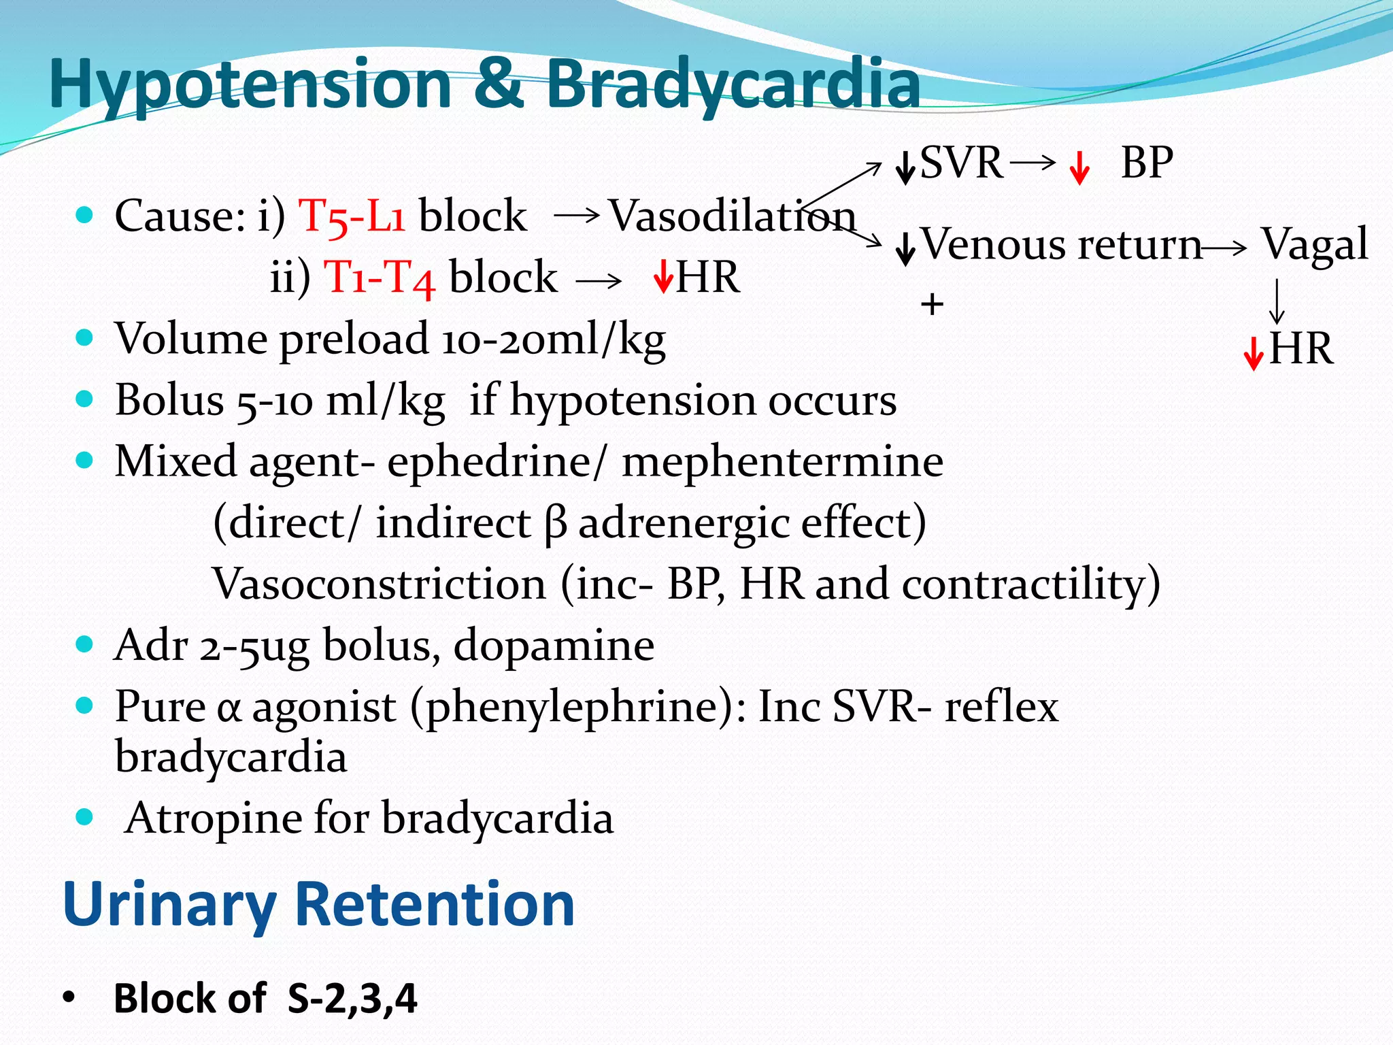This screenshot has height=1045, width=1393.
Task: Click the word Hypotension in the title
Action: click(x=250, y=84)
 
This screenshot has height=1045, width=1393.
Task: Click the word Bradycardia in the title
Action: click(x=733, y=84)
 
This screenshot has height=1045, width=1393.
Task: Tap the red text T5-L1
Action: click(x=352, y=216)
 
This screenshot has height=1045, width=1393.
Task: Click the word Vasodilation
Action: click(x=732, y=216)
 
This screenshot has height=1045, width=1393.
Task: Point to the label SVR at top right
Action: click(x=960, y=163)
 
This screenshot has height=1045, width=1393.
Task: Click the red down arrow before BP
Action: click(x=1079, y=168)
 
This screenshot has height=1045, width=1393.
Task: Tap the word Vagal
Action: click(x=1314, y=244)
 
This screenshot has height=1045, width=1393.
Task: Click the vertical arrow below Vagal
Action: click(x=1277, y=301)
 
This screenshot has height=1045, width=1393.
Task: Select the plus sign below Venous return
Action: click(x=932, y=304)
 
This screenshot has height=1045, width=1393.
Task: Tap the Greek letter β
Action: click(x=555, y=524)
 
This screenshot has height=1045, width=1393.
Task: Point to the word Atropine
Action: click(x=214, y=818)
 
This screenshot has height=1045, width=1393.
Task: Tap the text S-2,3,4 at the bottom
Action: click(x=352, y=999)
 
